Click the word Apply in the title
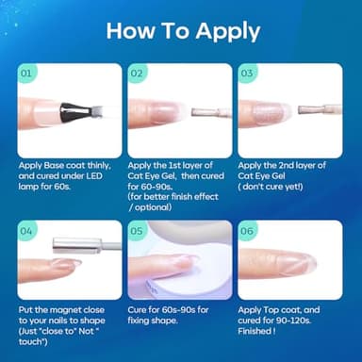point(228,32)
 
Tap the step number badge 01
point(26,74)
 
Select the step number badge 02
point(137,74)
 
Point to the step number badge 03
point(247,74)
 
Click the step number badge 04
point(26,231)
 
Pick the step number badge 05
point(137,231)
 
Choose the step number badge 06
point(247,231)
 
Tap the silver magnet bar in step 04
point(77,245)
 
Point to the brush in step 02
point(211,112)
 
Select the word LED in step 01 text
point(93,176)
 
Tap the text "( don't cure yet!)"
point(271,187)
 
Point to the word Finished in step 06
point(255,331)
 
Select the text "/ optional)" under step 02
point(151,207)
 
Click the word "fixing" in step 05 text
point(140,321)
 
